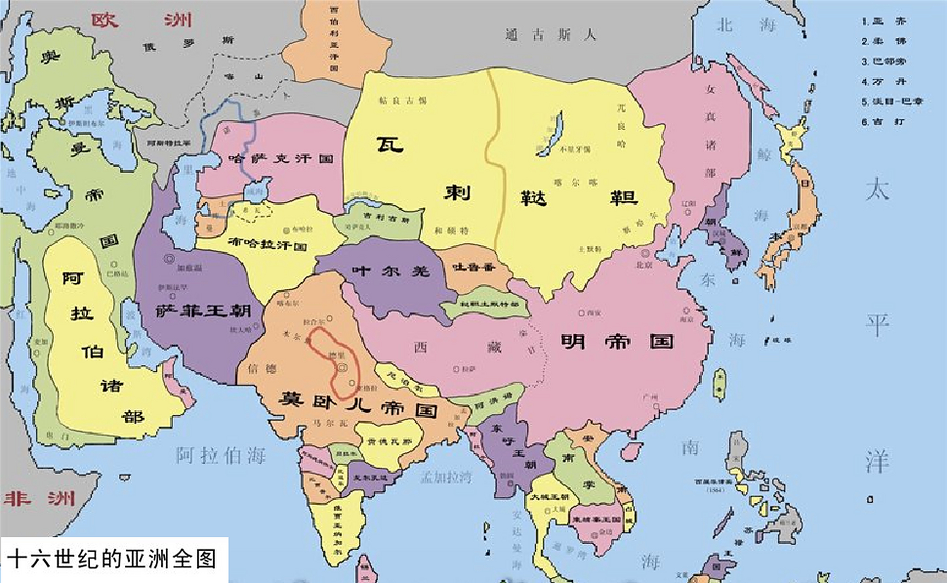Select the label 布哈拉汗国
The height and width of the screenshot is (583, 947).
267,244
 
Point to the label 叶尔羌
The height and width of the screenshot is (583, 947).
391,271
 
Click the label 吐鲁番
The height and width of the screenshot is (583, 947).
473,267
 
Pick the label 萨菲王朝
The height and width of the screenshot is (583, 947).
203,311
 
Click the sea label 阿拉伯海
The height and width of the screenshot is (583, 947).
221,455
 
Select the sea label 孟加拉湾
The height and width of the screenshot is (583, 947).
446,477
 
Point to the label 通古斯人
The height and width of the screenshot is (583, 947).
551,35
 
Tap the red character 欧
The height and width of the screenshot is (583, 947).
105,20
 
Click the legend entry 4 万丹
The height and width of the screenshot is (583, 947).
883,82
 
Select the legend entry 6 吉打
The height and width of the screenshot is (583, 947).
883,122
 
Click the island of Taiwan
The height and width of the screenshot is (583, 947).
719,385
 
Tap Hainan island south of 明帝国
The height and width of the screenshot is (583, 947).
630,450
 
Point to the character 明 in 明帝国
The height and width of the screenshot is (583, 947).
573,341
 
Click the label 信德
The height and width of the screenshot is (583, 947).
262,368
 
